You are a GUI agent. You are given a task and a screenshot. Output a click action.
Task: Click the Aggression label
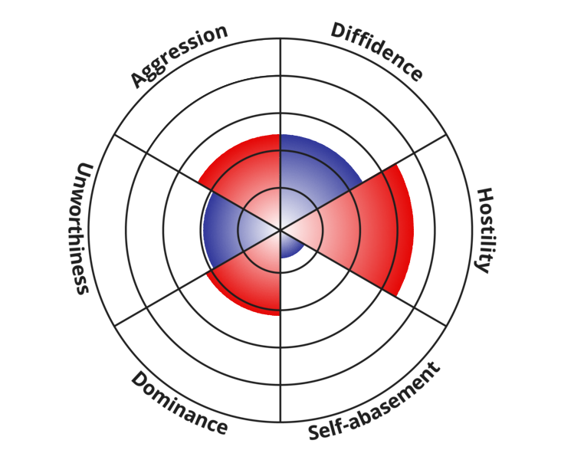pyautogui.click(x=179, y=55)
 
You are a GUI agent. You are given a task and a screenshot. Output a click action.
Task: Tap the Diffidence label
pyautogui.click(x=376, y=52)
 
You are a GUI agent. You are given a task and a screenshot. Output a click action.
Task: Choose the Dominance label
pyautogui.click(x=179, y=403)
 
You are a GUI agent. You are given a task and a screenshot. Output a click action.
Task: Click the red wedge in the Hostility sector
pyautogui.click(x=368, y=229)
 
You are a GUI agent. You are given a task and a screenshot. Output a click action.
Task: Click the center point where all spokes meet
pyautogui.click(x=280, y=229)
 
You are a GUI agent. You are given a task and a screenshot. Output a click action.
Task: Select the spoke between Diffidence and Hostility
pyautogui.click(x=414, y=153)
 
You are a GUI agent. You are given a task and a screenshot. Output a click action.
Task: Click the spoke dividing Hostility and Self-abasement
pyautogui.click(x=414, y=306)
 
